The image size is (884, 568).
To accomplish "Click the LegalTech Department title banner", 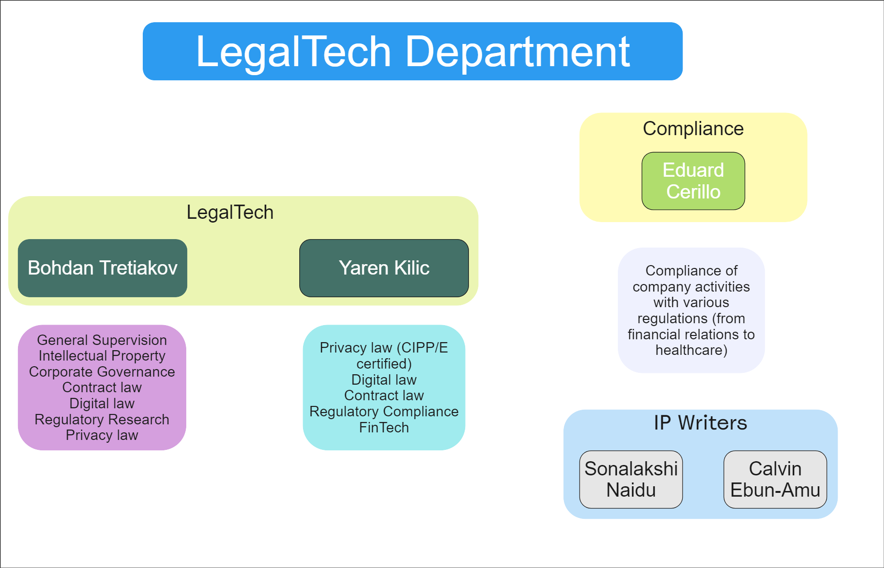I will [412, 51].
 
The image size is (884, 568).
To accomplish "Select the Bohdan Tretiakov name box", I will [103, 268].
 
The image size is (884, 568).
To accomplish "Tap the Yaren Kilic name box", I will [384, 268].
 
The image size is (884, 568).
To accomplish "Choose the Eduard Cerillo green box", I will [693, 181].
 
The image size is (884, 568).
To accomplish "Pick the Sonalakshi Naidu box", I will [631, 479].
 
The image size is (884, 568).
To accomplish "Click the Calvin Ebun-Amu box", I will [775, 479].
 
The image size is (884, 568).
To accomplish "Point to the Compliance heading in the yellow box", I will [693, 129].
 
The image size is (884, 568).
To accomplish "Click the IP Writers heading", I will [700, 423].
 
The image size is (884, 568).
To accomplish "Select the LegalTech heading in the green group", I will [230, 212].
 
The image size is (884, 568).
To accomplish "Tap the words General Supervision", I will [102, 340].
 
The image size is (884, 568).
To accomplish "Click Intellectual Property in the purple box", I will [102, 356].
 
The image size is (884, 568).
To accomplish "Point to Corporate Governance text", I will [102, 372].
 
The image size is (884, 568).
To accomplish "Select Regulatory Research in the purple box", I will [102, 420].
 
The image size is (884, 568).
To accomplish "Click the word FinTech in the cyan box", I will [384, 428].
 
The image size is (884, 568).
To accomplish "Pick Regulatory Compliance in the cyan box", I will [384, 412].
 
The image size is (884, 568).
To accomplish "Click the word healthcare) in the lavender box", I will [691, 350].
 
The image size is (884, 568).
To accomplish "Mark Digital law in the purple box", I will [102, 404].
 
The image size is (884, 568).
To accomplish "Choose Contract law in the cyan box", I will [384, 396].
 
